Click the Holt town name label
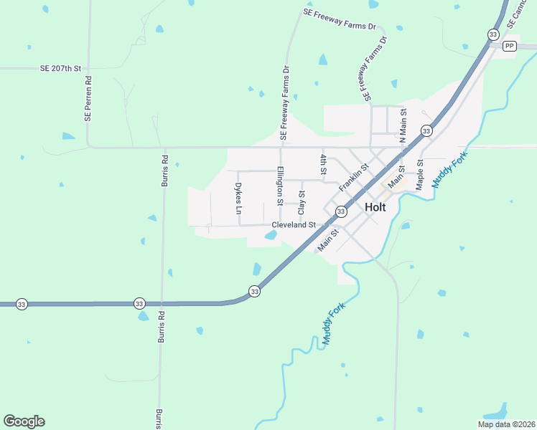pos(375,206)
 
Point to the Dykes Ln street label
pos(238,199)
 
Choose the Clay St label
pos(302,203)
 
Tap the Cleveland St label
pos(294,224)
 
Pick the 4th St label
pos(324,164)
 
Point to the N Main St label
pos(403,125)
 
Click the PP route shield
pos(510,46)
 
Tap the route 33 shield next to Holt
pos(341,211)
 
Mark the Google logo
pos(24,421)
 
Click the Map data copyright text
pos(506,424)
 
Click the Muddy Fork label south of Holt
pos(334,325)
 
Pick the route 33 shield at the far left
pos(22,304)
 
